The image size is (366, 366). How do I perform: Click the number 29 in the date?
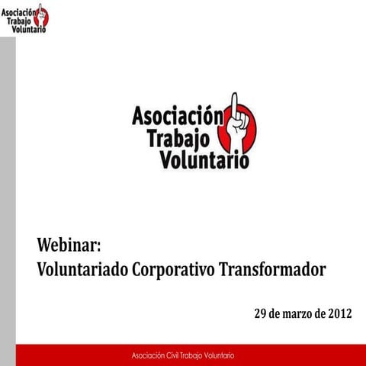pos(261,313)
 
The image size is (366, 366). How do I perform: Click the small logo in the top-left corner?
pos(24,18)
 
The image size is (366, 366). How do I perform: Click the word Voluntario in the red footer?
pos(218,356)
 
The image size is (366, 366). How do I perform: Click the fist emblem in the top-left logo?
pos(41,17)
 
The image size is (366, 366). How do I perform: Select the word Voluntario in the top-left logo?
pos(24,30)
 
